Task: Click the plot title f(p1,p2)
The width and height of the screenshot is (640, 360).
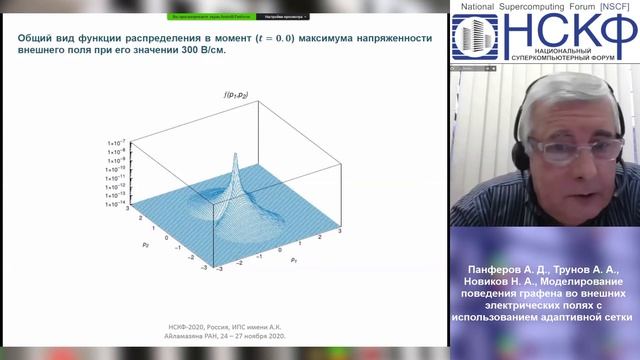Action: click(238, 95)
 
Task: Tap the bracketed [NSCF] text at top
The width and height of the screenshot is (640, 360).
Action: click(612, 7)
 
